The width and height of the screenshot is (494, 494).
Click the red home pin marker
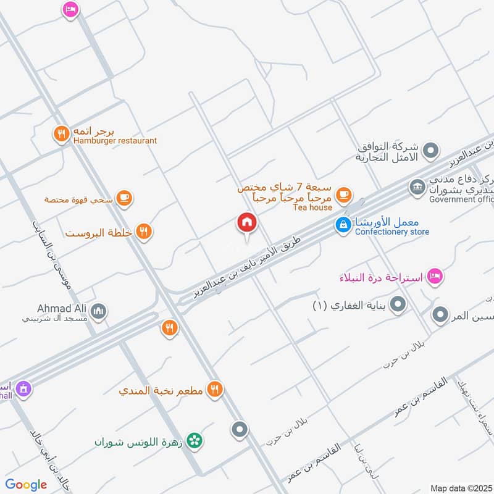[247, 223]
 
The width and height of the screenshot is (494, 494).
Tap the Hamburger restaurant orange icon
[61, 134]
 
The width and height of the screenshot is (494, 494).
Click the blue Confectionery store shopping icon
[343, 225]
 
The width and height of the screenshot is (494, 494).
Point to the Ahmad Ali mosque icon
[98, 311]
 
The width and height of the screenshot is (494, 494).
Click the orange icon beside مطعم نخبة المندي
[214, 389]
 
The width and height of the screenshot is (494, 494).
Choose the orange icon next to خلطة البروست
[144, 232]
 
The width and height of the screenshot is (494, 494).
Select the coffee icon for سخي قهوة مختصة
[124, 198]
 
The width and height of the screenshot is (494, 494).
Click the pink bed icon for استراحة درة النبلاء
[435, 276]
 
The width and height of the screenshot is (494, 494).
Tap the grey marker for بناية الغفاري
[399, 304]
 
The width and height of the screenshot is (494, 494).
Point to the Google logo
[26, 485]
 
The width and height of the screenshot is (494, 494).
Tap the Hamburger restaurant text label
[115, 141]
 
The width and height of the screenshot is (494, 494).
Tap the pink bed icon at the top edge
[70, 9]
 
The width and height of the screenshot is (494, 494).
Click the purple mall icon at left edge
[23, 388]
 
